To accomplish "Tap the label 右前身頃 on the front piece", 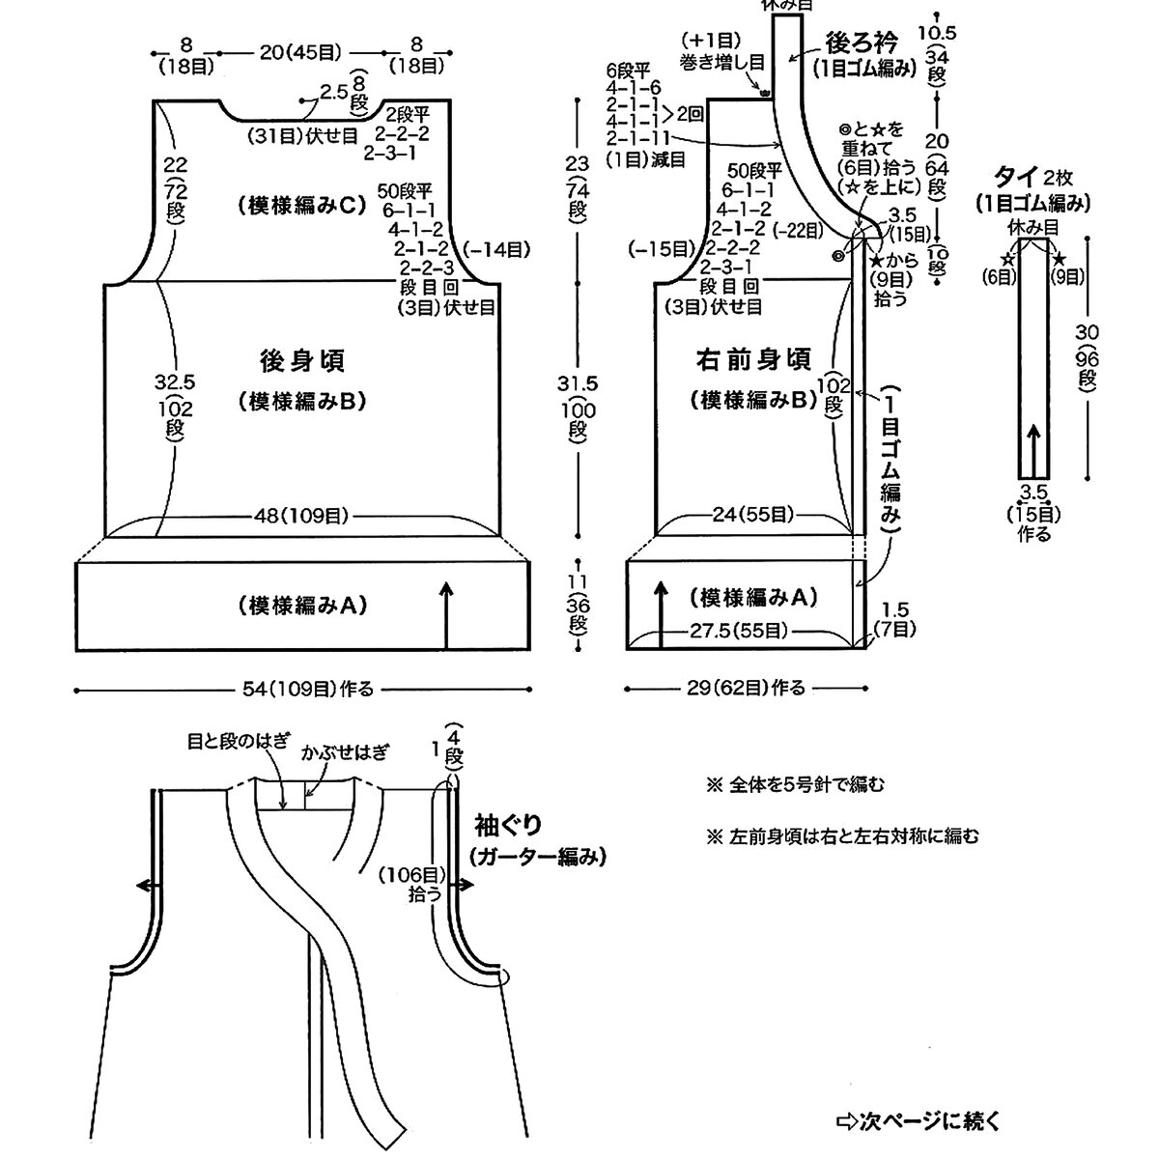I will click(x=754, y=361).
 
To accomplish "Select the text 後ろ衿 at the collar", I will click(x=862, y=43).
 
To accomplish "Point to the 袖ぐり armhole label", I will click(x=508, y=827).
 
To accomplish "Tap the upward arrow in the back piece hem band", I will click(x=446, y=614).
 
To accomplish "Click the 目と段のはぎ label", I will click(x=238, y=742).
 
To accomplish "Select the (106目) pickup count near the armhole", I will click(x=412, y=874).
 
